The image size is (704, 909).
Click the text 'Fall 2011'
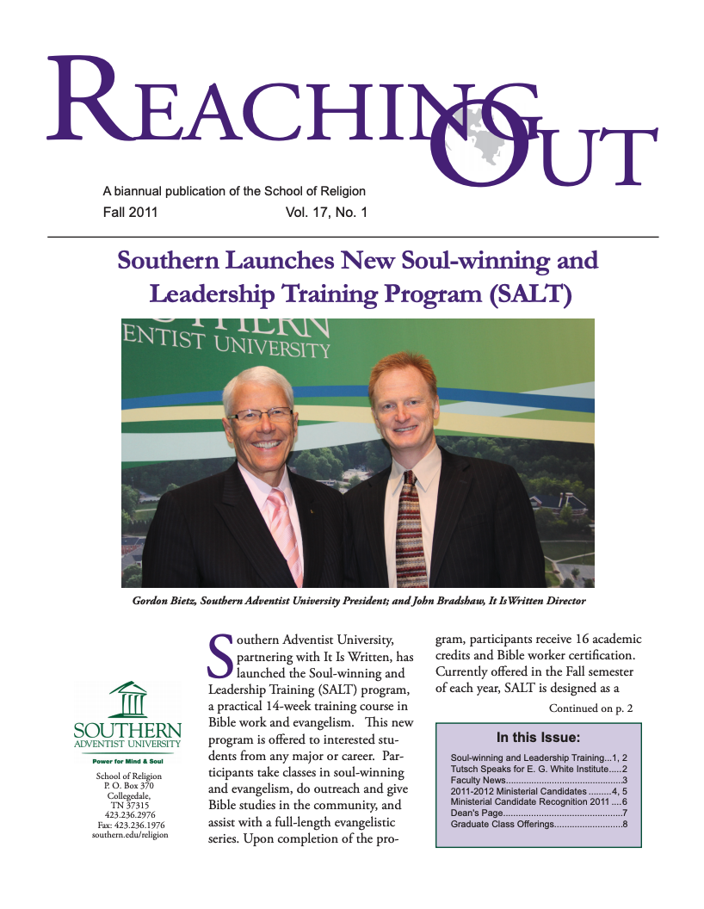click(129, 211)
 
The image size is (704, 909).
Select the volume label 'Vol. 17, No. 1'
click(326, 211)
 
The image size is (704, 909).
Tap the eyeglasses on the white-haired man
click(261, 415)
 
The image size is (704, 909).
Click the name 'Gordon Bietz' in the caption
click(165, 600)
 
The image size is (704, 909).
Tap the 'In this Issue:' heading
click(538, 737)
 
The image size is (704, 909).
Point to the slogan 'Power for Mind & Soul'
click(127, 761)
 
